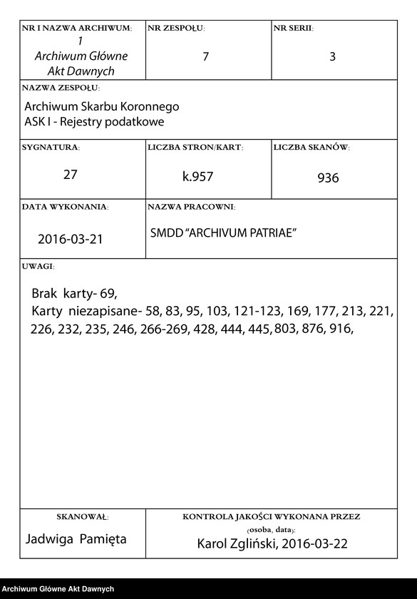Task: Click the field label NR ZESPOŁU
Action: (176, 29)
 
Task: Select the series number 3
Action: (332, 57)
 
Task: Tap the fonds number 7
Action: (206, 57)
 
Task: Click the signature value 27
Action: (70, 175)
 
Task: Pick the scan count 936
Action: (328, 178)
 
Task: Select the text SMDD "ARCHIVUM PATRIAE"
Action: (223, 233)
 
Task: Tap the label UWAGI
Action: (38, 267)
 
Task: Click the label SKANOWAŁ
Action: (82, 516)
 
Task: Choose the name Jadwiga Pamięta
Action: (76, 539)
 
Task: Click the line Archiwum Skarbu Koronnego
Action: (101, 106)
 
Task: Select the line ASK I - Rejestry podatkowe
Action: (94, 122)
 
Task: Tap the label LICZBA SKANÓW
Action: (312, 148)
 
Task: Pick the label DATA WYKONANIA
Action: (65, 207)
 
